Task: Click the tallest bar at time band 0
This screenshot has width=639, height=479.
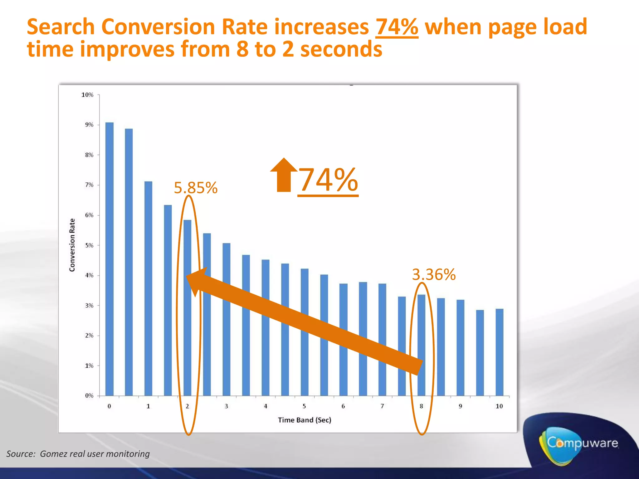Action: (109, 259)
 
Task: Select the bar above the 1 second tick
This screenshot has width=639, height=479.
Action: (148, 288)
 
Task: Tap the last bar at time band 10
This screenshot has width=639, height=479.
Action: (499, 352)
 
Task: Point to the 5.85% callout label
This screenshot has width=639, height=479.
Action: (196, 188)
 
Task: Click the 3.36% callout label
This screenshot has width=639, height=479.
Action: (434, 275)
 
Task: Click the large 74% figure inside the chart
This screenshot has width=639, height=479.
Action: (328, 180)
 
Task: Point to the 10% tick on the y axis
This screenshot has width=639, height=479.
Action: (87, 95)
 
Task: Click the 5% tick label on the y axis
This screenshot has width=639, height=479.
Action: (89, 245)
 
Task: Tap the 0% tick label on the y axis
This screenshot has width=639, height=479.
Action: (89, 396)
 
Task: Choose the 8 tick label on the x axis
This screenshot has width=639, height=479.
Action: (421, 406)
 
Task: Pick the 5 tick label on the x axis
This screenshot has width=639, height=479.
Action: (304, 406)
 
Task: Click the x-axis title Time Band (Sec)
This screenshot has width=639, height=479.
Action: (305, 420)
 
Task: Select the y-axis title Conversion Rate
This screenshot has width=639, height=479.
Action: (72, 245)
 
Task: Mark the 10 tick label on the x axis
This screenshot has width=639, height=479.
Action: (499, 406)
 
